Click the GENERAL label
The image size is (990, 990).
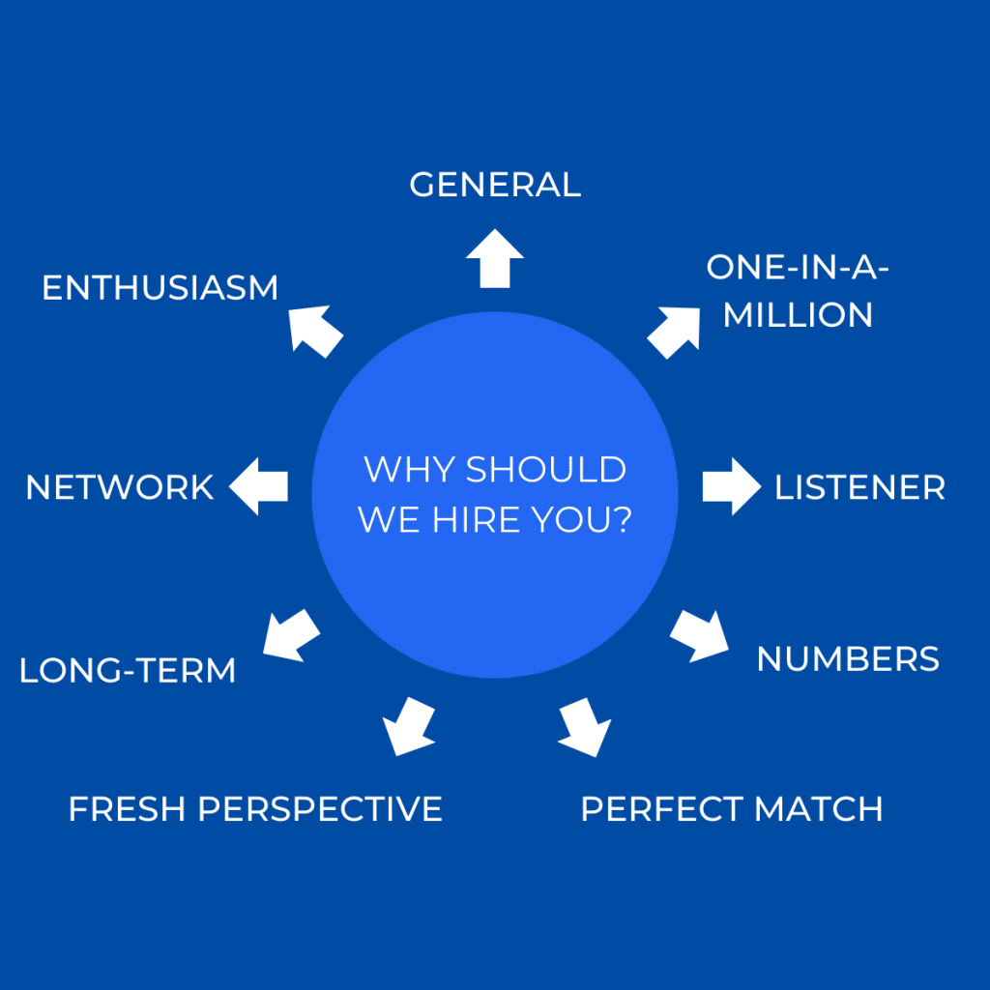(x=495, y=185)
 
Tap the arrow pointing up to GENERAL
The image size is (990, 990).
(x=495, y=258)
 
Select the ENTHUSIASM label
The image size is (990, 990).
(x=160, y=288)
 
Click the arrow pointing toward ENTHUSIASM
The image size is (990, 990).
(x=315, y=331)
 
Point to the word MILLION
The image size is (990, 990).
(x=798, y=315)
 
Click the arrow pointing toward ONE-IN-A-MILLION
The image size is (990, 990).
(x=674, y=333)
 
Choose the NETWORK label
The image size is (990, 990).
(x=119, y=487)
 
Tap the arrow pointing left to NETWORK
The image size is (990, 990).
(x=258, y=486)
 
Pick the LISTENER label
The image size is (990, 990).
(x=859, y=487)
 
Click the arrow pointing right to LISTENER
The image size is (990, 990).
(x=732, y=486)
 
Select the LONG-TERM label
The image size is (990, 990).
(x=128, y=671)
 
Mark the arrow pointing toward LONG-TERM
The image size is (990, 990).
(x=291, y=636)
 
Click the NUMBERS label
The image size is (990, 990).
(x=848, y=659)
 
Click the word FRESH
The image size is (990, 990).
(x=127, y=809)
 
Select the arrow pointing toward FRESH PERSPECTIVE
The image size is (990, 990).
(x=409, y=727)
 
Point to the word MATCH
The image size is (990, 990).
(x=819, y=809)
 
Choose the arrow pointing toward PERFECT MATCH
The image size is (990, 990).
(x=585, y=727)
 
